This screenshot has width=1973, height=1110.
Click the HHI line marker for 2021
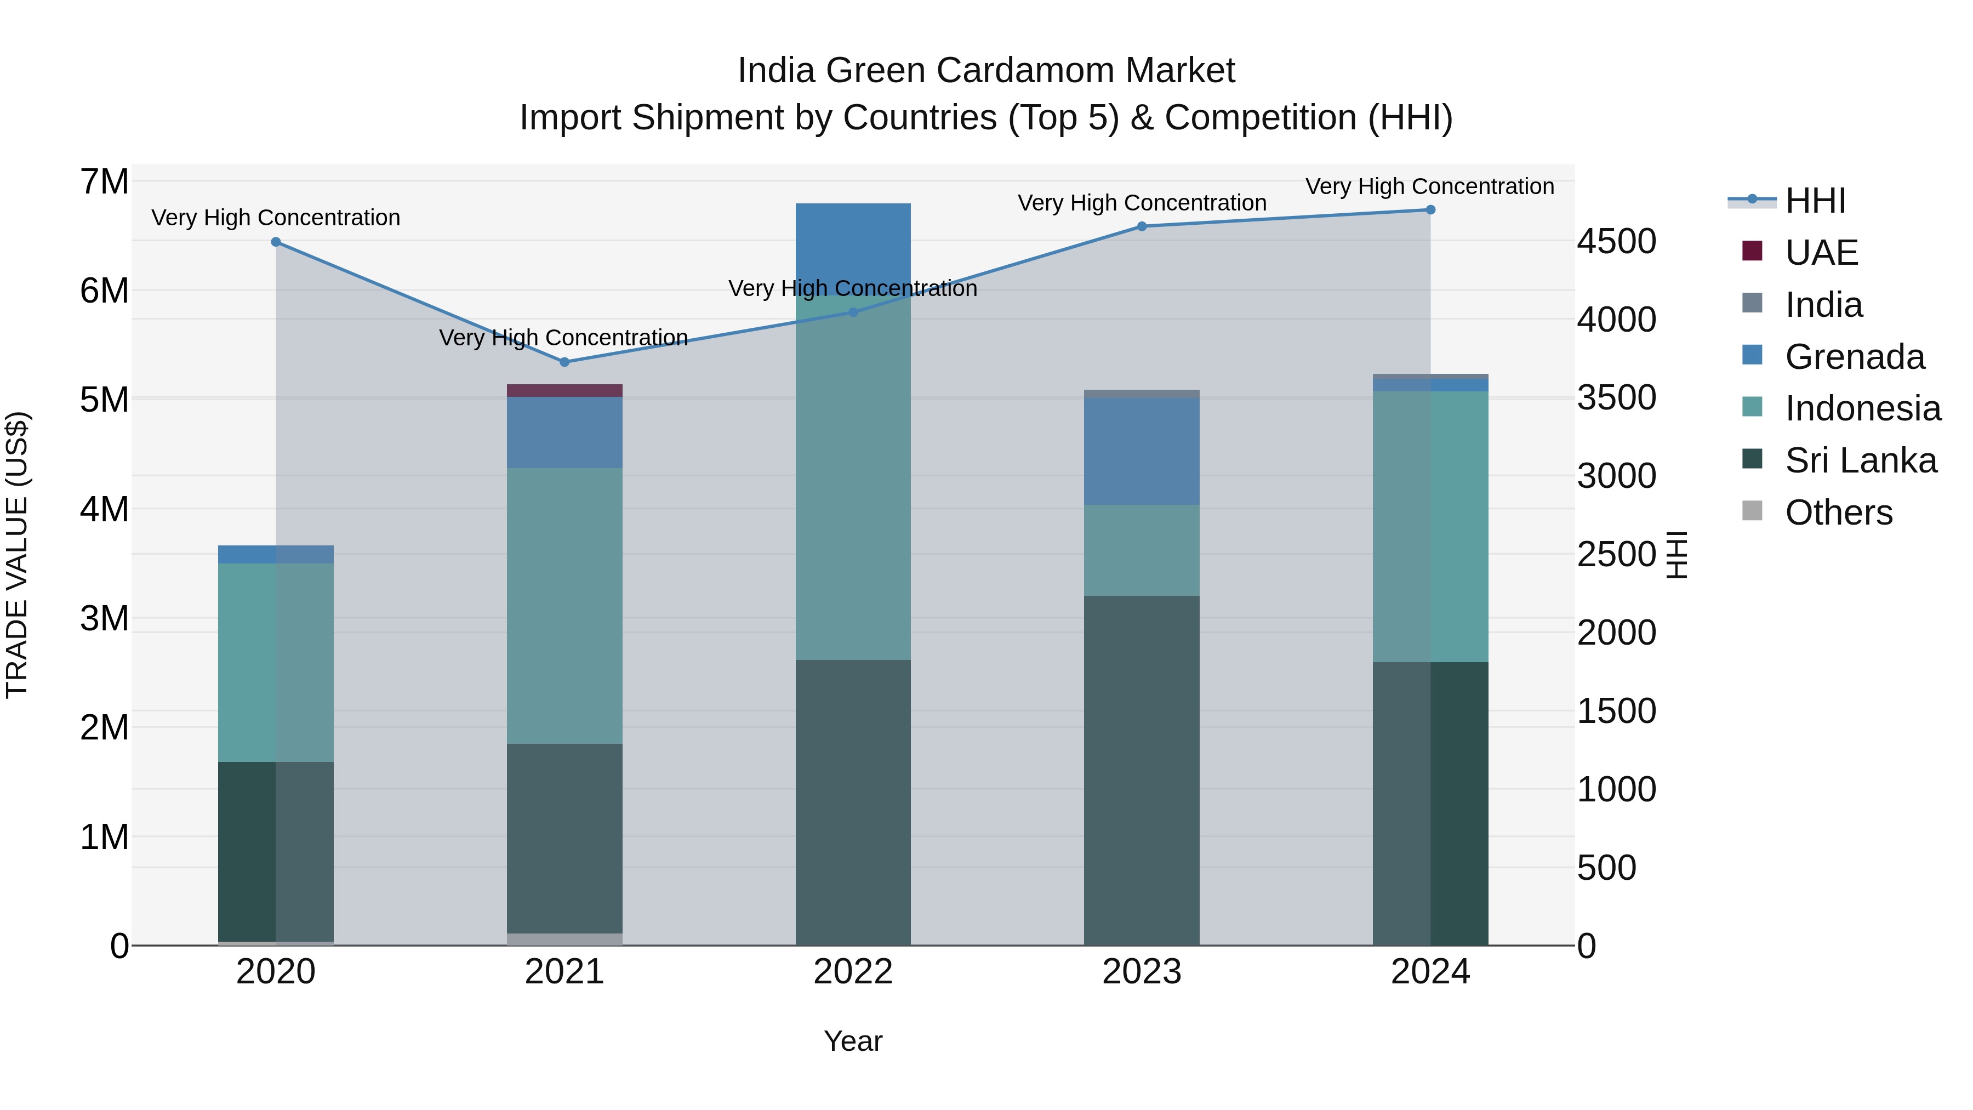(564, 362)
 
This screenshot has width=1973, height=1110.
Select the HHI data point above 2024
(1430, 210)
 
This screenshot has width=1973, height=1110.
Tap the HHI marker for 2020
(276, 242)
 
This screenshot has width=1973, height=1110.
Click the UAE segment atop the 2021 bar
(564, 391)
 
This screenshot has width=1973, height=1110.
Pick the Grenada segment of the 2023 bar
(1141, 451)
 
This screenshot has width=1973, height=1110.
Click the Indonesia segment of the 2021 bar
(564, 605)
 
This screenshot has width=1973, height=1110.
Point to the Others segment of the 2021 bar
(564, 938)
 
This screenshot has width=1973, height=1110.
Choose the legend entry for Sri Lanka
(1861, 460)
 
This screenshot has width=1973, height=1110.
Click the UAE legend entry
(1821, 253)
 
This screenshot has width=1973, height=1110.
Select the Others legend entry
(1838, 513)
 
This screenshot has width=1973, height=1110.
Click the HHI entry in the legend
(1815, 201)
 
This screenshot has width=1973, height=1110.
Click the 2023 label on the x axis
(1141, 972)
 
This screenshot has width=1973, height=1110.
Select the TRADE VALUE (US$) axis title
(18, 555)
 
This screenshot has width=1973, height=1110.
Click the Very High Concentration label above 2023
(1141, 203)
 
